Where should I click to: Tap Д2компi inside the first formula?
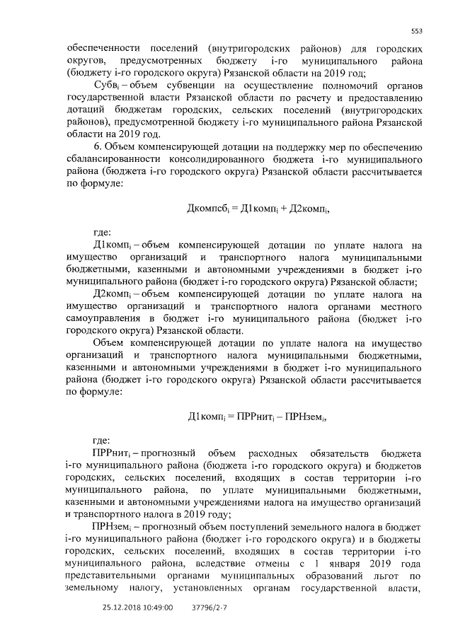[x=309, y=209]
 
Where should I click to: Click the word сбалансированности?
[x=115, y=161]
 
